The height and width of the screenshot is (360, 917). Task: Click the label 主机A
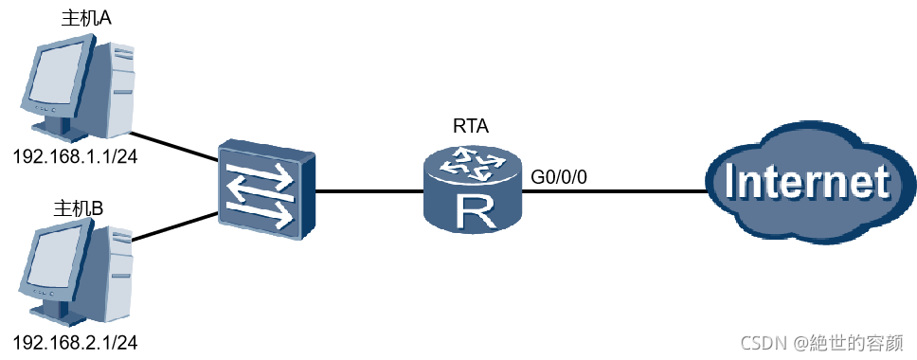click(x=86, y=18)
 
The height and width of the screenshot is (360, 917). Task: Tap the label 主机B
click(x=79, y=208)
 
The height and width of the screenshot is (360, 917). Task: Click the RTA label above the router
click(x=471, y=126)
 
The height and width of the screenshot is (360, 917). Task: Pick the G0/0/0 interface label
click(x=558, y=177)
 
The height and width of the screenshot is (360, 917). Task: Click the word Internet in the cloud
click(x=807, y=183)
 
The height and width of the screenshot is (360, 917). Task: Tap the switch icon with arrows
click(x=267, y=189)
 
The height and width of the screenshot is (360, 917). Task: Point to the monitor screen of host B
click(x=57, y=261)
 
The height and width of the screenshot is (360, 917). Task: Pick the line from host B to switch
click(x=173, y=228)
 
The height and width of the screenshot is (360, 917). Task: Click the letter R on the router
click(x=472, y=213)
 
